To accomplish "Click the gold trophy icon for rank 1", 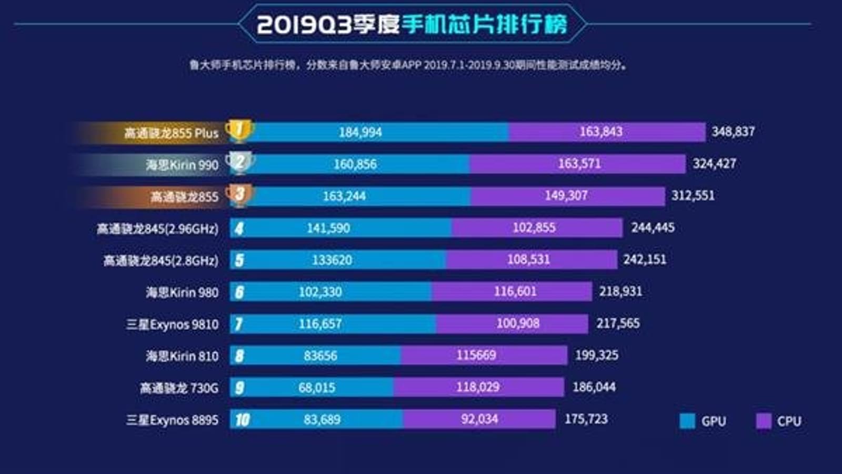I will point(239,130).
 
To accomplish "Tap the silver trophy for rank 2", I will point(239,162).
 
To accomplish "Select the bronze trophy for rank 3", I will point(239,194).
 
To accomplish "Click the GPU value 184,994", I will point(360,132).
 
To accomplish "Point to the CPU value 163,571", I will point(579,164).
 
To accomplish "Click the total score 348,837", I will point(733,132).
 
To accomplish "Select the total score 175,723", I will point(586,419).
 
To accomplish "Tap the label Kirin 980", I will point(182,292).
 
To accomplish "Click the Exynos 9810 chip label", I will point(172,324).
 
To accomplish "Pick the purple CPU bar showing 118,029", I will point(478,387).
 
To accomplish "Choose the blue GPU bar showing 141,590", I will point(328,228).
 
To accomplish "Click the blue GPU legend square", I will point(687,421).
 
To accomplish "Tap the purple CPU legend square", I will point(763,421).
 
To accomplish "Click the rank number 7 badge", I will point(239,324).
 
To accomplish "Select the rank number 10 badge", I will point(242,420).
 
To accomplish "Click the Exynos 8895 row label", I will point(172,420).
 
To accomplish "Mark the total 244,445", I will point(653,228).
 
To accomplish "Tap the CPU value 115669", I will point(476,355).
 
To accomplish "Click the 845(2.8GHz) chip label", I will point(161,260).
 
